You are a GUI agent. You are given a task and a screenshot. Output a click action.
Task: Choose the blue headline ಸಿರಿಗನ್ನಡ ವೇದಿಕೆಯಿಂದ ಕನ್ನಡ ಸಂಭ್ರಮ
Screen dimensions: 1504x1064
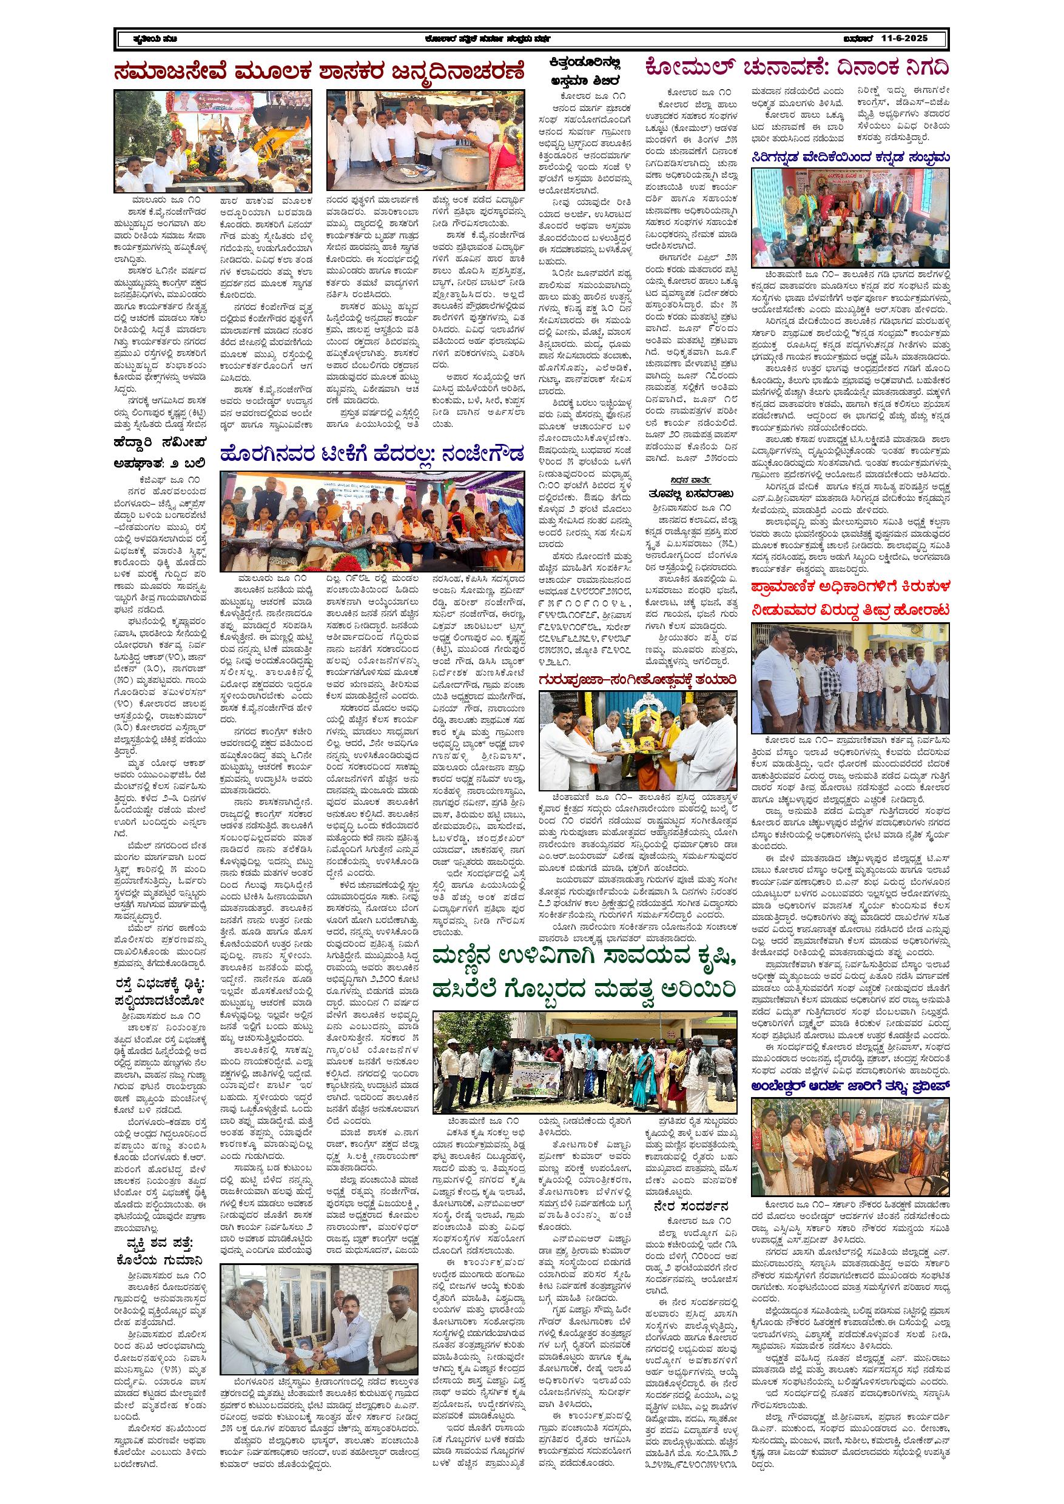850,157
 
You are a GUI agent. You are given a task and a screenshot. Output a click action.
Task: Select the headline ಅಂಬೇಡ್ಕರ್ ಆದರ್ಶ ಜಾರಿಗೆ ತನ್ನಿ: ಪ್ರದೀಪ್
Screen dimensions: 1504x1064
850,1086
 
